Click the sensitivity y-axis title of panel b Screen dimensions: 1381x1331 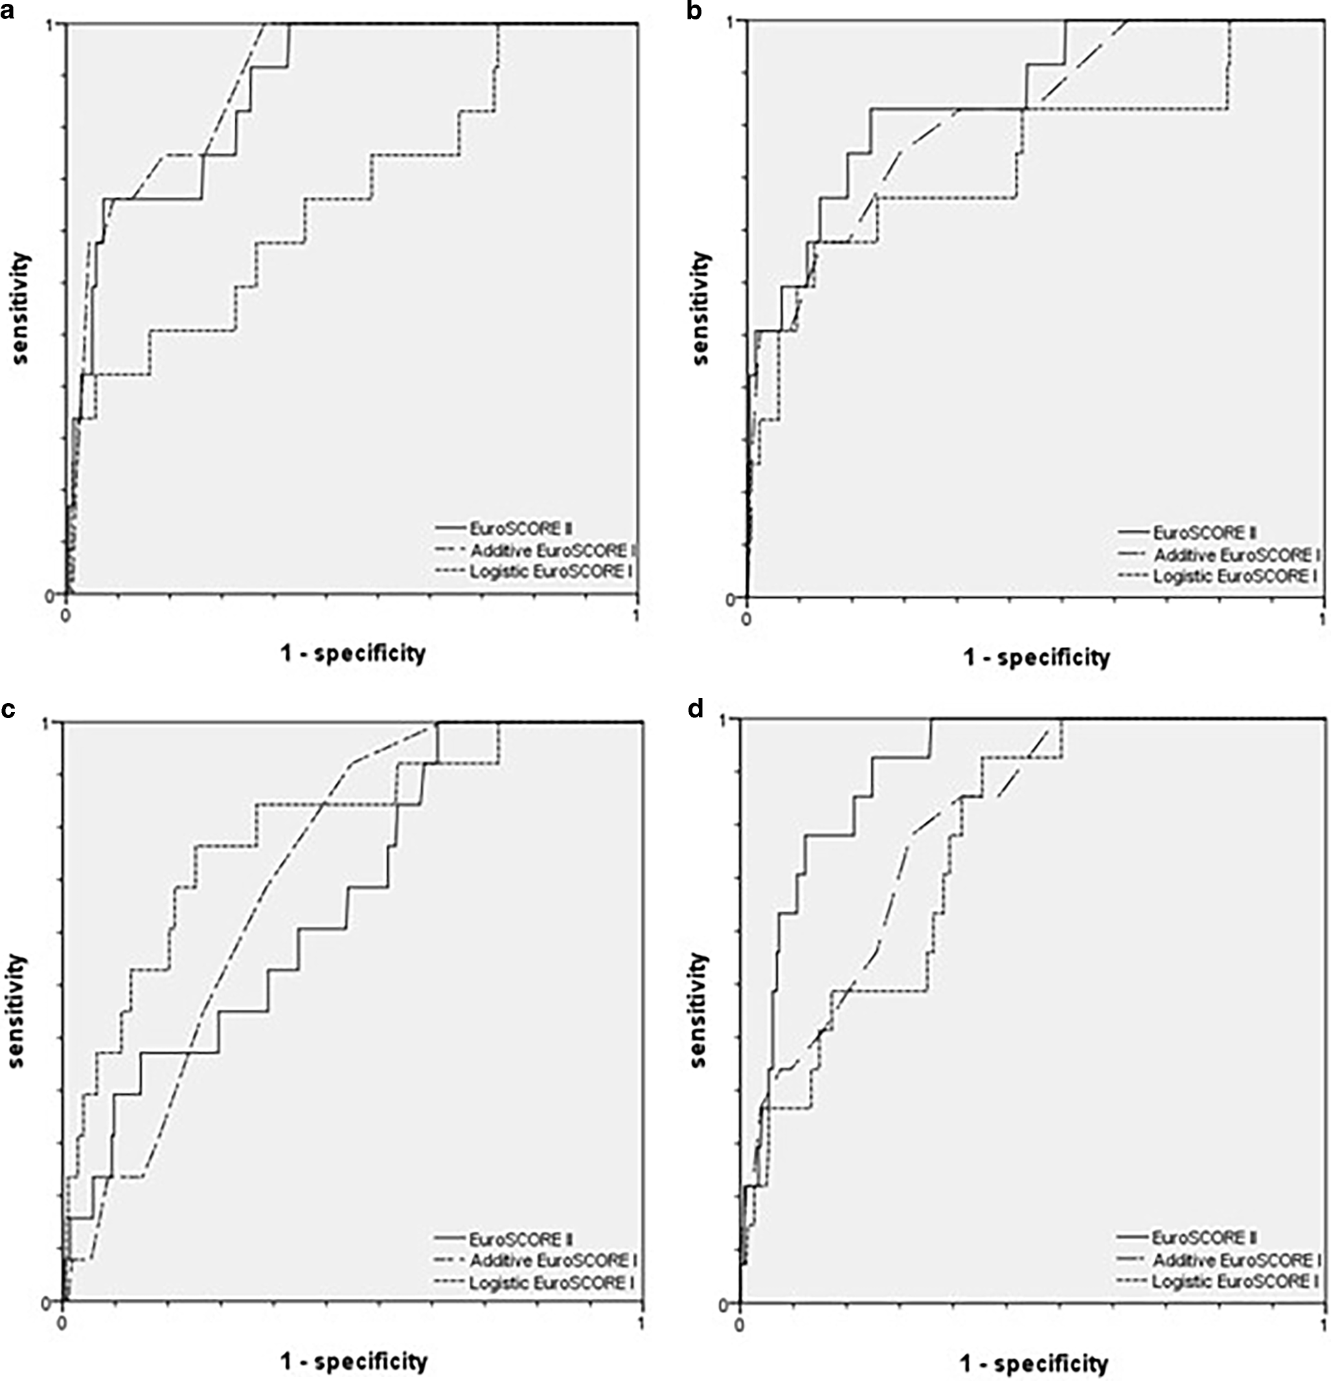click(701, 308)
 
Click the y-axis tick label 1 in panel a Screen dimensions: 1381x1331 click(59, 25)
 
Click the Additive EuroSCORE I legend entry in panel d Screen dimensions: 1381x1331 click(1236, 1260)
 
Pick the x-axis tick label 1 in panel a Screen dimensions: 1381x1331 click(637, 614)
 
